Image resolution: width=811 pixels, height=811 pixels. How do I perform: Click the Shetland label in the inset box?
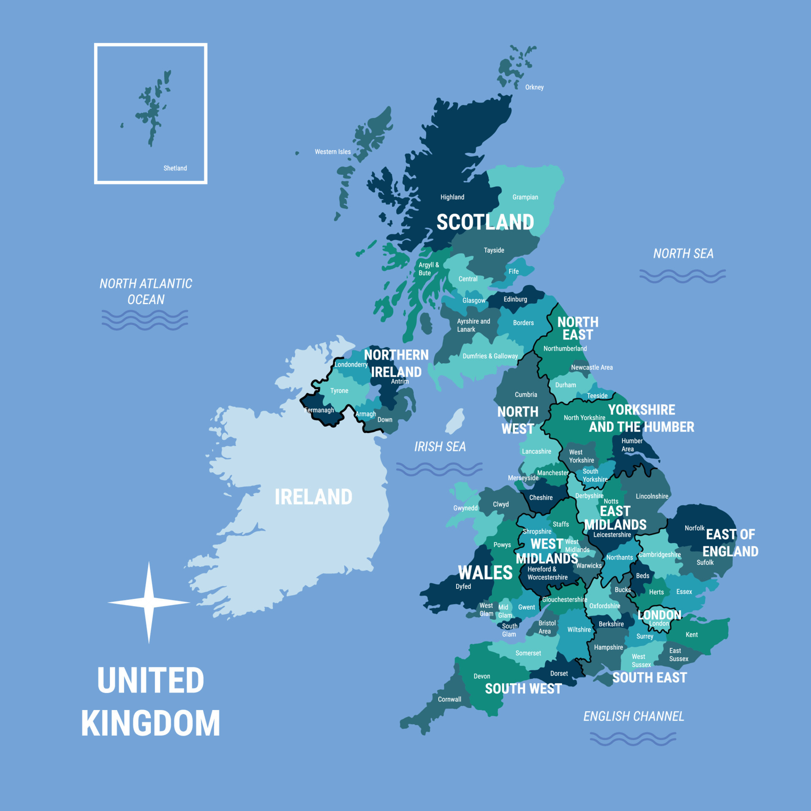point(175,168)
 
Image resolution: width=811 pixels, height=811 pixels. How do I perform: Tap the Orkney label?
point(534,87)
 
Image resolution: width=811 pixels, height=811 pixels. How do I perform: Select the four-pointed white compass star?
point(149,603)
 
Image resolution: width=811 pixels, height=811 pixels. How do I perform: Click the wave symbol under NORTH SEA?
point(682,276)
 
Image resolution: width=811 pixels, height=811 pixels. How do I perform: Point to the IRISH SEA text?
point(440,446)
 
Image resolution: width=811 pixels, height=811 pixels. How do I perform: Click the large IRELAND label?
point(313,497)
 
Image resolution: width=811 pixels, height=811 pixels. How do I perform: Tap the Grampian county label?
point(525,197)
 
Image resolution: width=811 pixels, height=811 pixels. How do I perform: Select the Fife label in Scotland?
point(514,272)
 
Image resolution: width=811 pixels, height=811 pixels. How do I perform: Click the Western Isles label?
point(332,152)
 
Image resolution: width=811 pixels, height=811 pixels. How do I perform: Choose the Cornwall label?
point(449,699)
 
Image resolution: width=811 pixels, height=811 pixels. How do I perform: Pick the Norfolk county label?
point(694,528)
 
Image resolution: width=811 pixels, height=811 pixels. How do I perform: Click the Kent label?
point(691,634)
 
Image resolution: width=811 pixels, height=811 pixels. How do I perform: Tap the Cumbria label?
point(526,395)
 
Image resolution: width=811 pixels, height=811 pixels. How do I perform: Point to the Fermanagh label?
point(319,410)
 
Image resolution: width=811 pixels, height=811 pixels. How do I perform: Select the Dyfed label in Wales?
point(463,586)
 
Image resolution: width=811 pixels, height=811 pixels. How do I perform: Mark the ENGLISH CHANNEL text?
point(634,716)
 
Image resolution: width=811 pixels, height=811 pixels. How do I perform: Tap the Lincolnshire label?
point(652,496)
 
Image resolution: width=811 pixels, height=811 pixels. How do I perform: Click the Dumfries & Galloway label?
point(490,356)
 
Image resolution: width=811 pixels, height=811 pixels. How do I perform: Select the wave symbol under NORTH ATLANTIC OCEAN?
point(145,320)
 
